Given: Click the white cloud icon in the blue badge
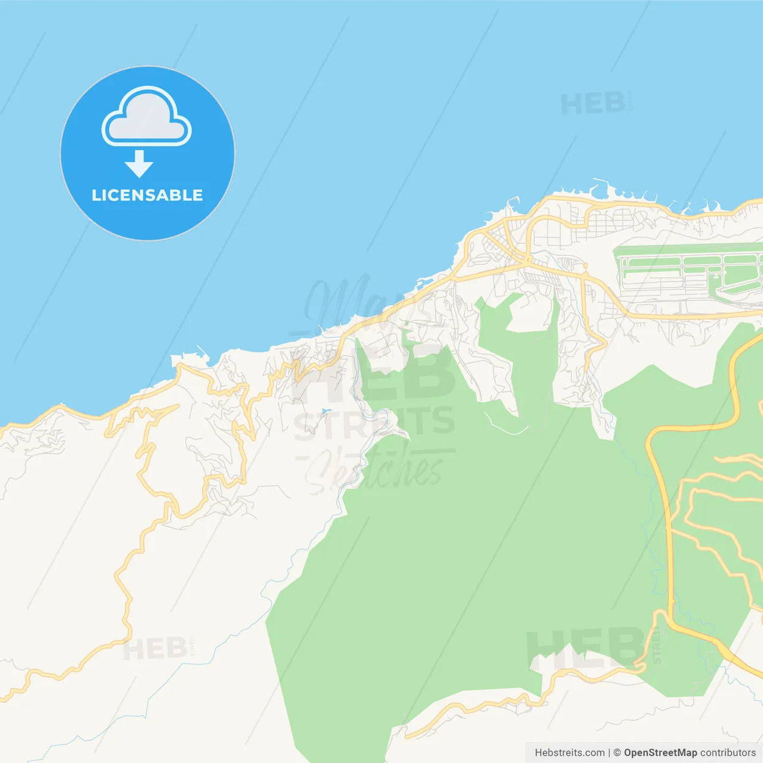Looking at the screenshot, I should pyautogui.click(x=147, y=117).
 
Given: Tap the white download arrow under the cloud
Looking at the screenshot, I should pyautogui.click(x=139, y=164).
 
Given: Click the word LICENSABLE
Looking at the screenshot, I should pyautogui.click(x=147, y=196).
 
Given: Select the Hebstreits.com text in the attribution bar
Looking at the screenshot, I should pyautogui.click(x=569, y=753).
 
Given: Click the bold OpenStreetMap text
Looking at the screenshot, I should pyautogui.click(x=660, y=753).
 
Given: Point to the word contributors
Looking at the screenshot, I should pyautogui.click(x=728, y=753).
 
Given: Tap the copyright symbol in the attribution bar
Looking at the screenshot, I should pyautogui.click(x=617, y=753).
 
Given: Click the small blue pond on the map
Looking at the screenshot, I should pyautogui.click(x=324, y=411).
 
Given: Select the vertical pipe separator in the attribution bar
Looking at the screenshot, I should pyautogui.click(x=609, y=753).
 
